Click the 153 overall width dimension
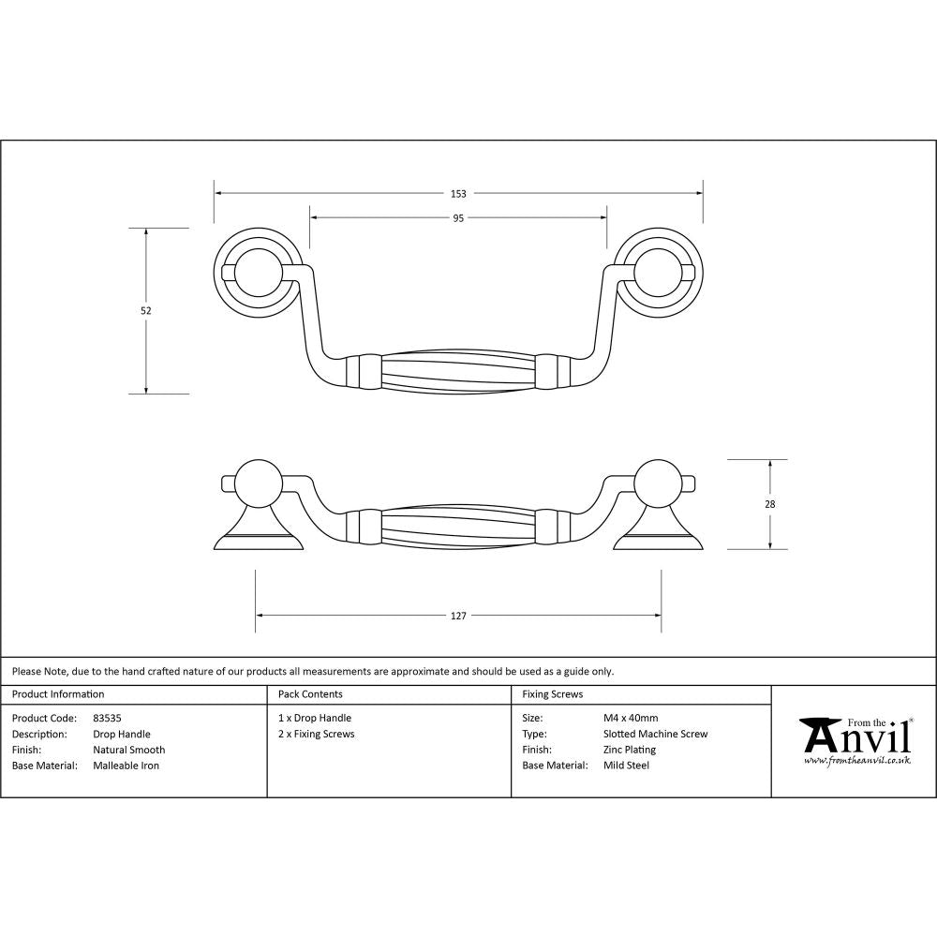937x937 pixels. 458,194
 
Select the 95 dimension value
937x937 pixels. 458,218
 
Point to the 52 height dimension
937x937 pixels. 146,310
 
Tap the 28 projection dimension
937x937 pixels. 770,504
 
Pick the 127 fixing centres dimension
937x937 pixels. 458,617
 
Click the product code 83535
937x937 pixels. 107,719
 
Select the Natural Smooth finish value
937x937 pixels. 128,750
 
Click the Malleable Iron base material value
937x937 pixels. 126,766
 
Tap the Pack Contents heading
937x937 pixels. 310,694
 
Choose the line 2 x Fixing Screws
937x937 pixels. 316,734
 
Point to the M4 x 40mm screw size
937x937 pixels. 631,719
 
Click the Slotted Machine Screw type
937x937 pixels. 655,734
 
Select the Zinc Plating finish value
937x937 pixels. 629,750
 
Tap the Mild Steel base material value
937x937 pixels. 626,766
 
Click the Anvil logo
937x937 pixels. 855,737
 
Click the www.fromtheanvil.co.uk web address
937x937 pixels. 856,760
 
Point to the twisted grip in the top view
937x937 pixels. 458,371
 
